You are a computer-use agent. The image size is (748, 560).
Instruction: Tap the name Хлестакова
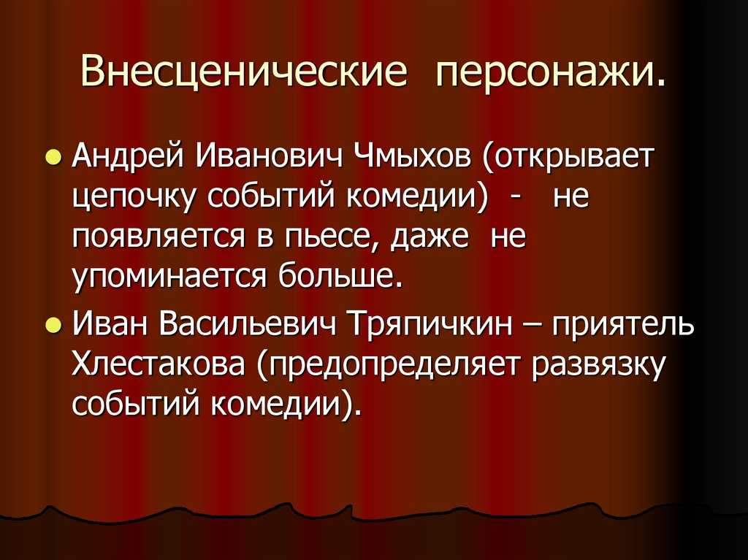pos(159,367)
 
